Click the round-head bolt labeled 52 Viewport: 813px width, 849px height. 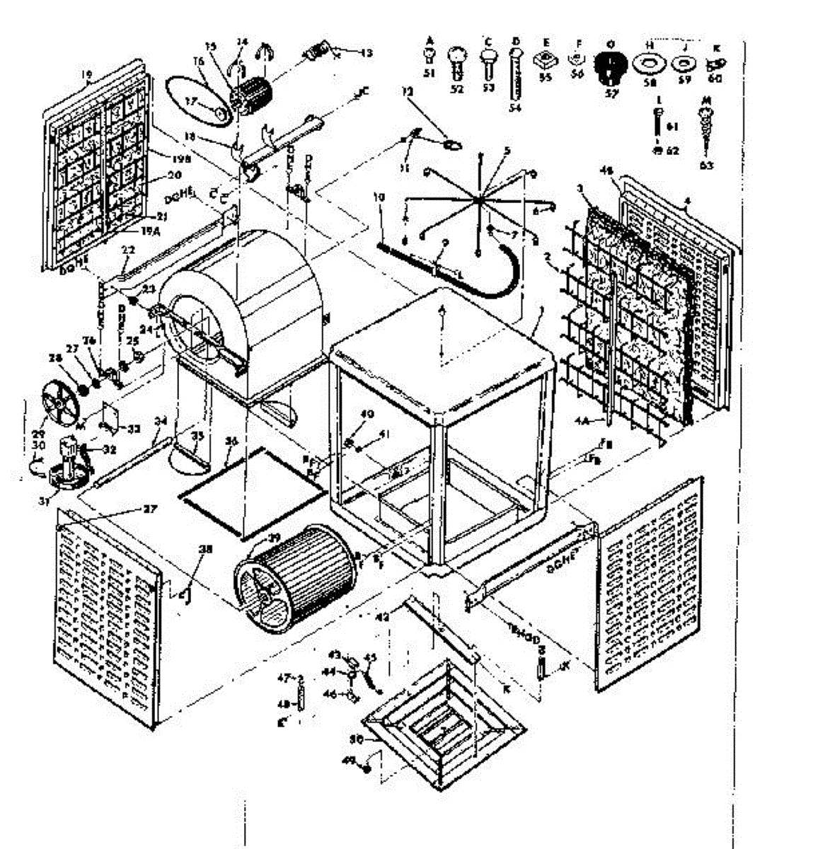coord(456,62)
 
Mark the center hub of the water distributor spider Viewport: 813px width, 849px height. coord(480,200)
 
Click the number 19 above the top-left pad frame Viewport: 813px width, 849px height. coord(87,74)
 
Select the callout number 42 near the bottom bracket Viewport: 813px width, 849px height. coord(383,617)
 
